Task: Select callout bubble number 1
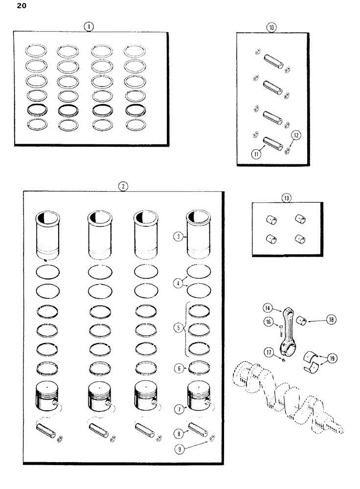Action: (89, 27)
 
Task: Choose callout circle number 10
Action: (271, 28)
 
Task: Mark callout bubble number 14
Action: (267, 308)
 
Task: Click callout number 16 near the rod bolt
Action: (268, 321)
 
